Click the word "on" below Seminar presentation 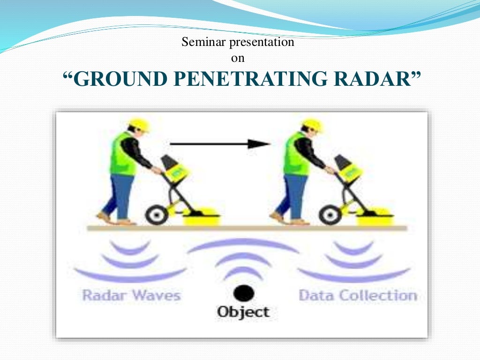click(x=238, y=59)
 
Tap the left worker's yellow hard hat click(x=139, y=124)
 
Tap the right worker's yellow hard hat click(x=312, y=124)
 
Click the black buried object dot click(x=244, y=294)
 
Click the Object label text click(x=243, y=312)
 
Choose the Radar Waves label click(x=131, y=296)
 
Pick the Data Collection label click(x=358, y=296)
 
